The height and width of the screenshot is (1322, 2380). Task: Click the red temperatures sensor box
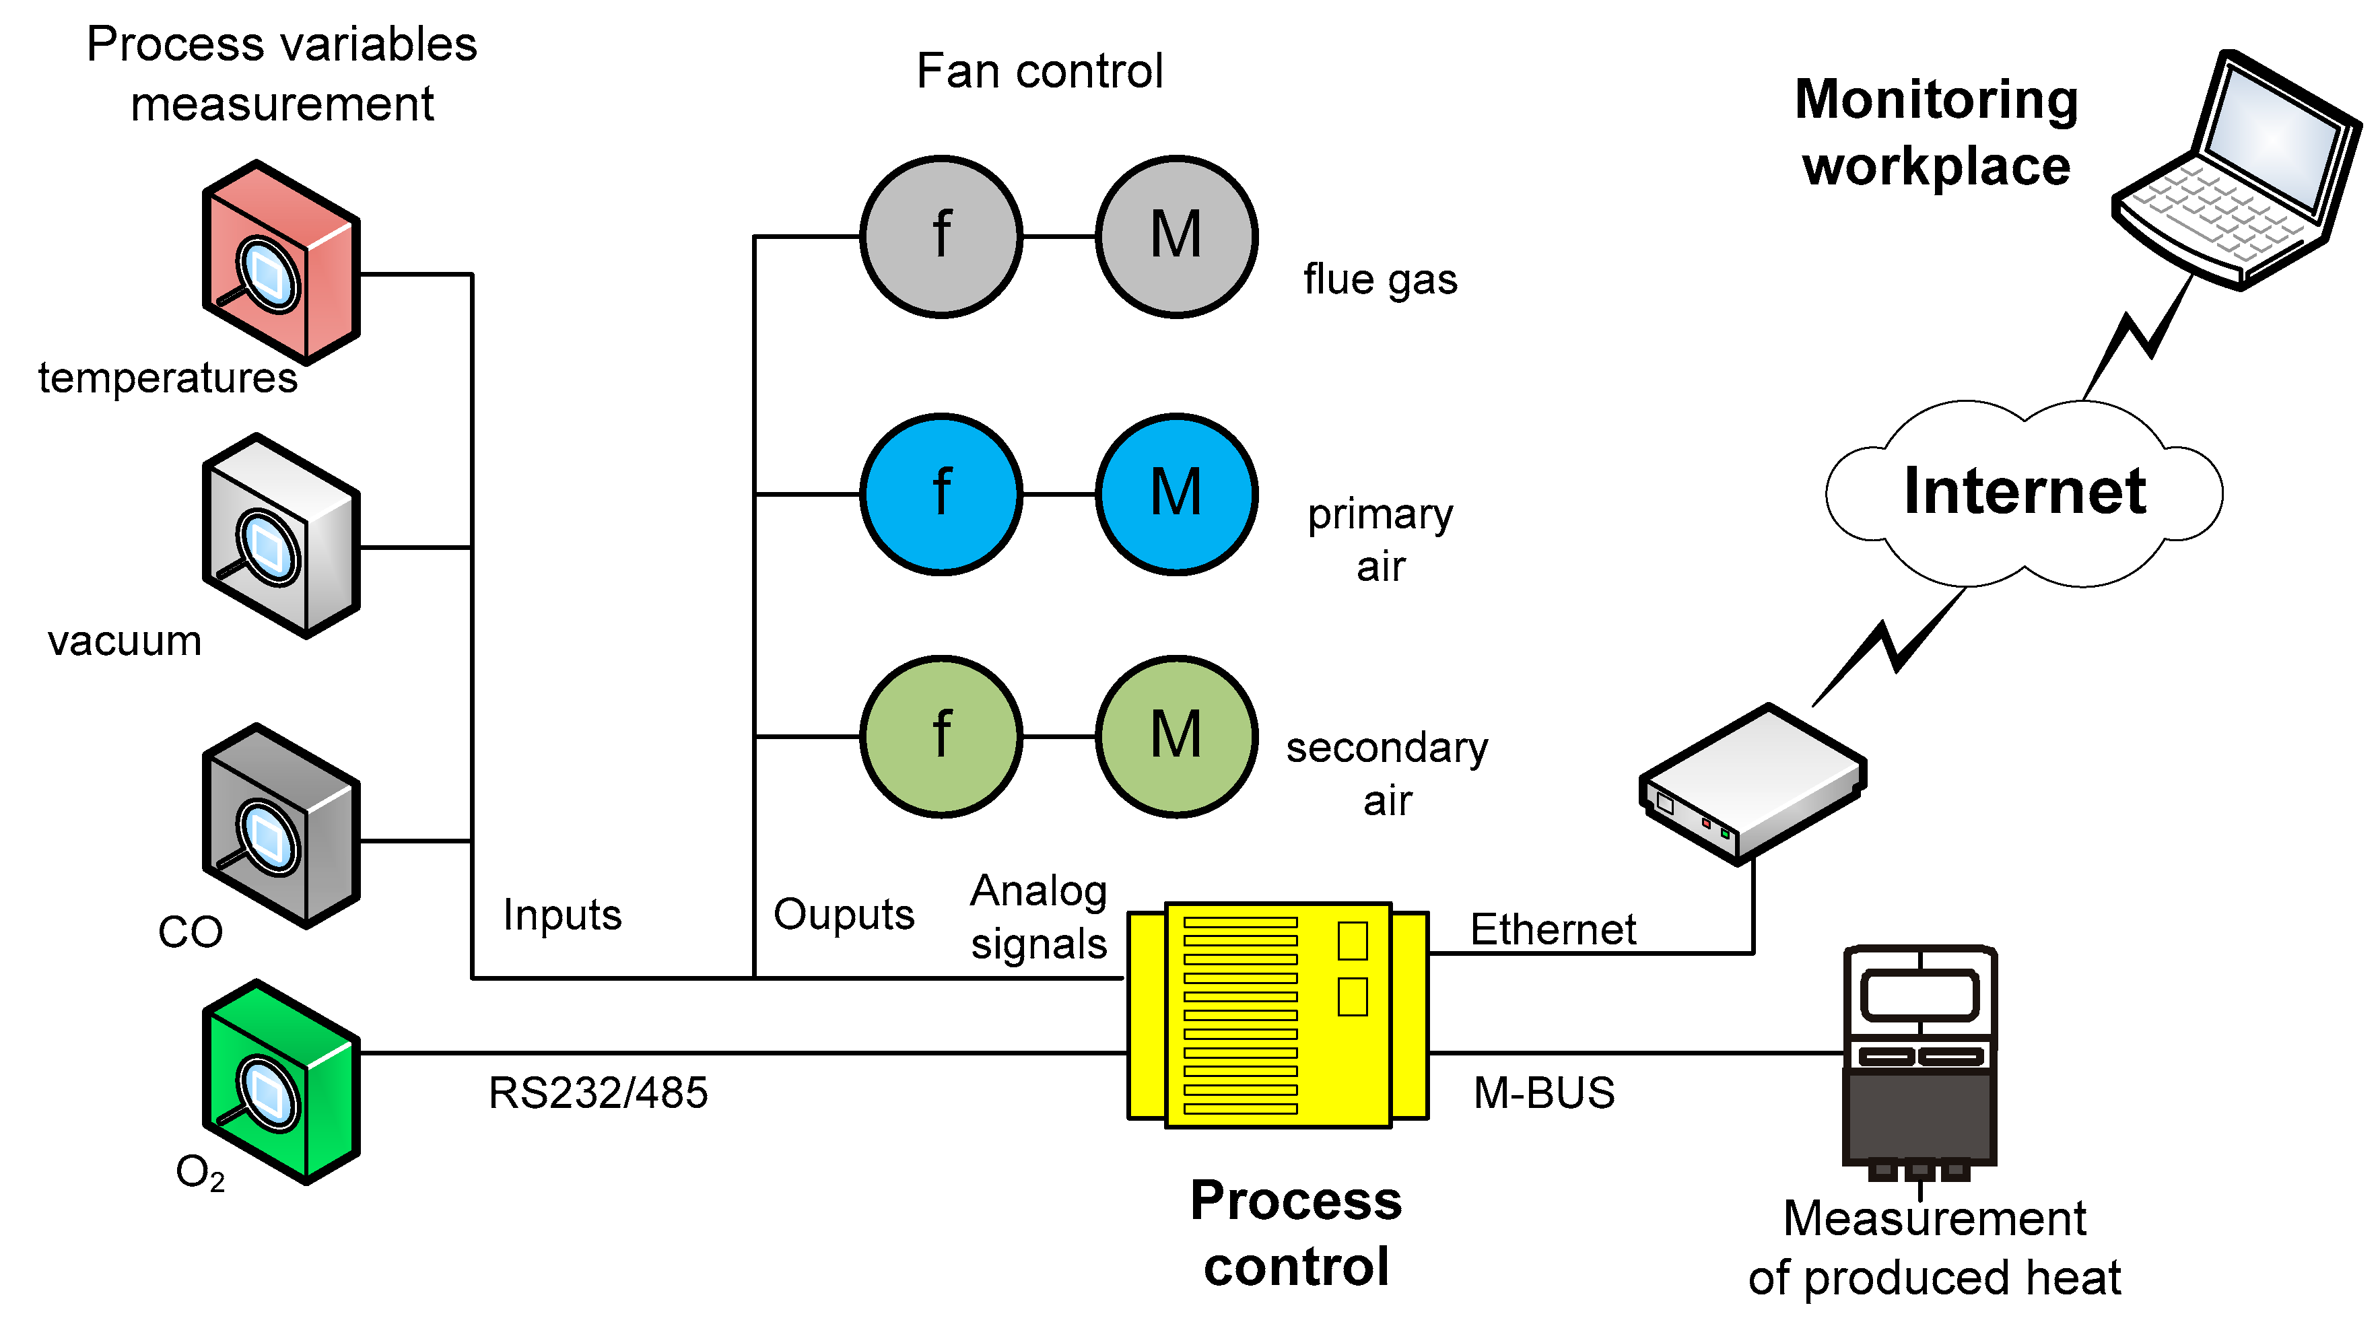(x=281, y=263)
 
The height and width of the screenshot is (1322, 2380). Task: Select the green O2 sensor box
(x=281, y=1083)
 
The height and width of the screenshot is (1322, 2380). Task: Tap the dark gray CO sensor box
(x=281, y=827)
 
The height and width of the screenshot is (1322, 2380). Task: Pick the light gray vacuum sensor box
(x=281, y=536)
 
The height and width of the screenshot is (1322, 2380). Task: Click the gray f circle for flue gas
(x=941, y=236)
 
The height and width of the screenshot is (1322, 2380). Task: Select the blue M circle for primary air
(x=1176, y=494)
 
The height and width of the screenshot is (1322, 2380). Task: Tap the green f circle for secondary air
(x=941, y=736)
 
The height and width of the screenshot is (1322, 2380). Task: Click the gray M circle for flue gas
(x=1176, y=236)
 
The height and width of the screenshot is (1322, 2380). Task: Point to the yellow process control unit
(x=1278, y=1014)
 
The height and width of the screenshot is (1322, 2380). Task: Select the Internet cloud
(x=2023, y=493)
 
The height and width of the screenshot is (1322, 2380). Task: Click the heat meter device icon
(x=1920, y=1062)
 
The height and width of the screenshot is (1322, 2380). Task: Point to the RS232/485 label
(x=598, y=1093)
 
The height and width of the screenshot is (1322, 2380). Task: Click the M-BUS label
(x=1543, y=1093)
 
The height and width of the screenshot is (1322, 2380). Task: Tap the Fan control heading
(x=1040, y=71)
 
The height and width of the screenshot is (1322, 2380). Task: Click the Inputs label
(x=562, y=915)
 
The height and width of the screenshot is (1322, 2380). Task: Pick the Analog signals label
(x=1038, y=916)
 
